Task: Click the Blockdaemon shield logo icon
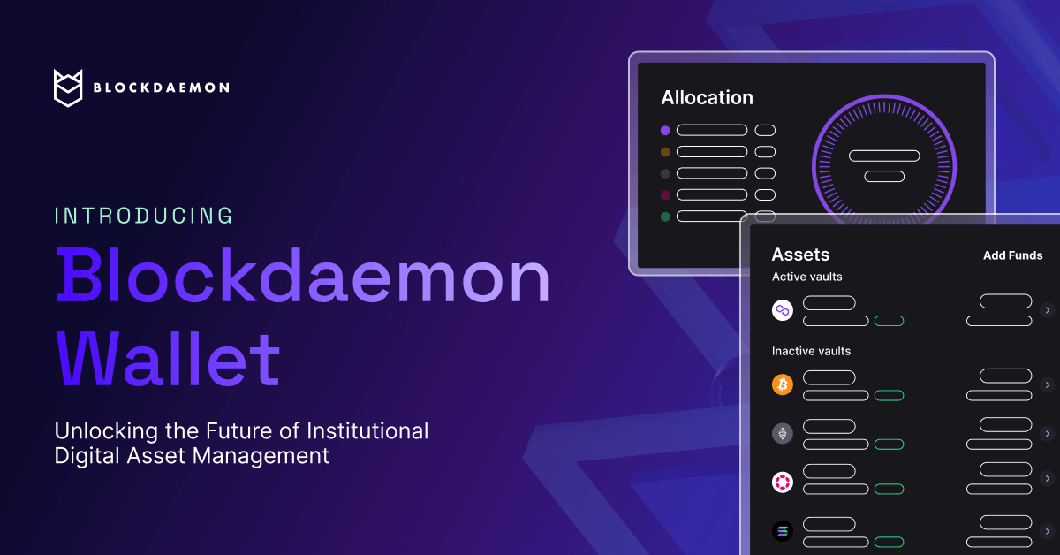(x=68, y=87)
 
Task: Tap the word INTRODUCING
(x=144, y=216)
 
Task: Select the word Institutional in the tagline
(x=367, y=431)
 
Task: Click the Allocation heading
(x=707, y=98)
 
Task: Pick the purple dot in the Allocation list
(x=665, y=131)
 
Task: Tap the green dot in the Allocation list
(x=665, y=217)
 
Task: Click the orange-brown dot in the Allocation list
(x=665, y=152)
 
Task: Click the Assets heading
(x=800, y=255)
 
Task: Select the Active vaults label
(x=806, y=277)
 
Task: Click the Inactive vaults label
(x=811, y=351)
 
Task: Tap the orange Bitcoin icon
(x=783, y=384)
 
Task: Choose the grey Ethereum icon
(x=783, y=433)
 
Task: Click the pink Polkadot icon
(x=783, y=482)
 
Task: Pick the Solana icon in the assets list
(x=783, y=531)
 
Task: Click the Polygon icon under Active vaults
(x=783, y=310)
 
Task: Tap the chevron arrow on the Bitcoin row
(x=1047, y=384)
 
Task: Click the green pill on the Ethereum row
(x=889, y=444)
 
